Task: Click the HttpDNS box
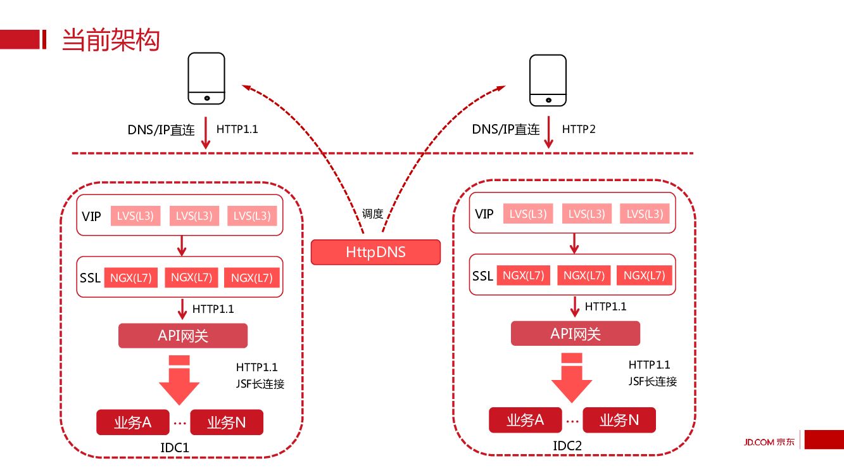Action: coord(375,252)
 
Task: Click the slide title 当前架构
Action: coord(110,40)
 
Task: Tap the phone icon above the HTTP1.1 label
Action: coord(206,79)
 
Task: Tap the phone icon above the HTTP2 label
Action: coord(548,79)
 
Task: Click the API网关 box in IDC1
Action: coord(183,336)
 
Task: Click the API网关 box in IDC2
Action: coord(576,334)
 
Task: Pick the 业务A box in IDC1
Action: coord(133,422)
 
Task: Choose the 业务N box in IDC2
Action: coord(619,420)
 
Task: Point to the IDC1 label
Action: coord(175,448)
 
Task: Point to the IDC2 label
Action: coord(567,446)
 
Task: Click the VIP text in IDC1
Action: coord(91,216)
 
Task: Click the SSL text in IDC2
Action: coord(482,276)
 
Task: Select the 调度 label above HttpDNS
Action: coord(372,214)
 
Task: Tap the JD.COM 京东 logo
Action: coord(769,441)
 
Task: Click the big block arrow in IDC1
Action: coord(179,380)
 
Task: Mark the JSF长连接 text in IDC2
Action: coord(653,381)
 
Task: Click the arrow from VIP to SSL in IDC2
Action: coord(575,243)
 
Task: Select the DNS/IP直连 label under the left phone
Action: coord(161,130)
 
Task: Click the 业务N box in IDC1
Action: coord(227,422)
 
